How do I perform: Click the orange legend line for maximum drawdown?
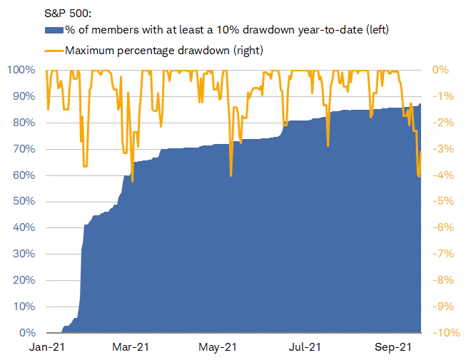[54, 50]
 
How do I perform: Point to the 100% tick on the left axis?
[21, 70]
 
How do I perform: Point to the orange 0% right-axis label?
[440, 70]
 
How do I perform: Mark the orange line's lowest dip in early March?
[132, 181]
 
